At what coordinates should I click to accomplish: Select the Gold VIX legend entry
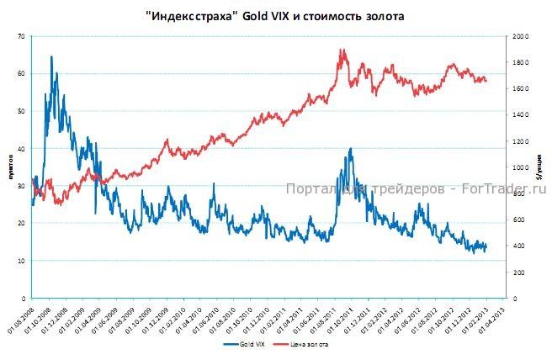coord(248,345)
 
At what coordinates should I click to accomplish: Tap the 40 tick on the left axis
coord(21,149)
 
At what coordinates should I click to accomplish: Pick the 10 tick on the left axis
coord(21,261)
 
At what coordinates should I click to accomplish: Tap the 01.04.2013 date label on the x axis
coord(496,320)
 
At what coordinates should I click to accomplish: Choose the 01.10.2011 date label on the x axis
coord(343,320)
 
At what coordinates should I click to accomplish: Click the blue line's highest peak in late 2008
coord(51,57)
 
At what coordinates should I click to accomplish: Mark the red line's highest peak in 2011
coord(342,50)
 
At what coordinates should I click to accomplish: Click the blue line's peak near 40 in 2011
coord(350,149)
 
